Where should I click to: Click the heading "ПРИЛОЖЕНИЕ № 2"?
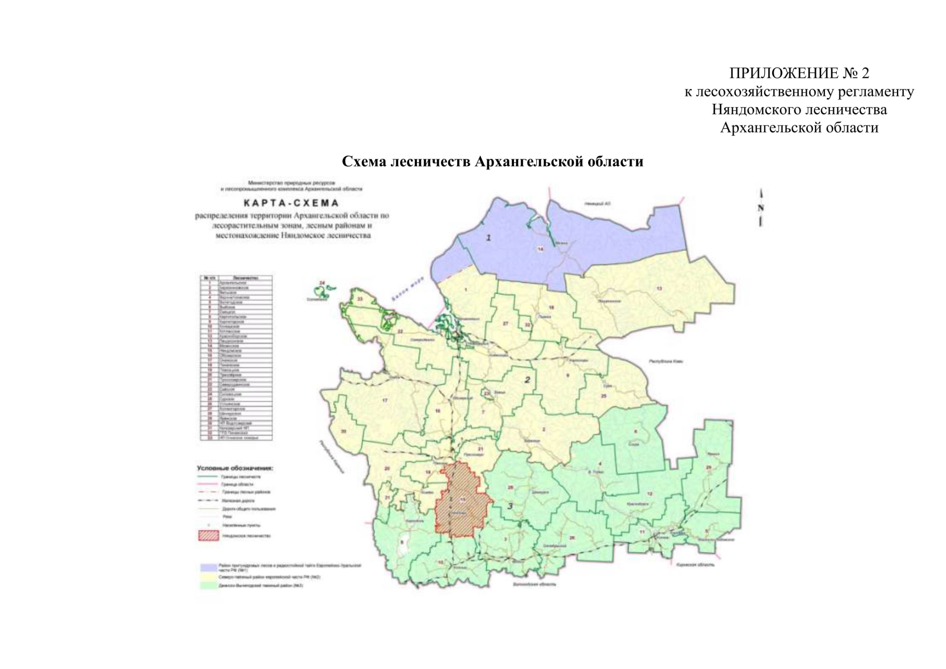pyautogui.click(x=799, y=73)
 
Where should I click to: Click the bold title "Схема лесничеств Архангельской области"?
pyautogui.click(x=492, y=162)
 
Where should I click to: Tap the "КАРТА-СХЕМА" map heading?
pyautogui.click(x=292, y=203)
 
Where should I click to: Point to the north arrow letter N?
pyautogui.click(x=761, y=208)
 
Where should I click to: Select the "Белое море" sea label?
pyautogui.click(x=407, y=289)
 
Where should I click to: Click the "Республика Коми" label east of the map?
pyautogui.click(x=666, y=361)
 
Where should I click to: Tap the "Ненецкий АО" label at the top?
pyautogui.click(x=598, y=204)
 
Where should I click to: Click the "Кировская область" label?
pyautogui.click(x=695, y=565)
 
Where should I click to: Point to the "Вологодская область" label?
pyautogui.click(x=534, y=584)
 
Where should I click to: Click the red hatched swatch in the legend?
pyautogui.click(x=208, y=536)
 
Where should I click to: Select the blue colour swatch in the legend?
pyautogui.click(x=208, y=568)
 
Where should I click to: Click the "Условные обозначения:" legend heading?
pyautogui.click(x=235, y=468)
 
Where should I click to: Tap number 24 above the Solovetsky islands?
pyautogui.click(x=322, y=283)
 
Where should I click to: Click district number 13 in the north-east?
pyautogui.click(x=659, y=288)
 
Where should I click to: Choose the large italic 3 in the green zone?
pyautogui.click(x=510, y=506)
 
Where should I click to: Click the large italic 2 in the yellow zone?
pyautogui.click(x=527, y=380)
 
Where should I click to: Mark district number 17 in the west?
pyautogui.click(x=385, y=400)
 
